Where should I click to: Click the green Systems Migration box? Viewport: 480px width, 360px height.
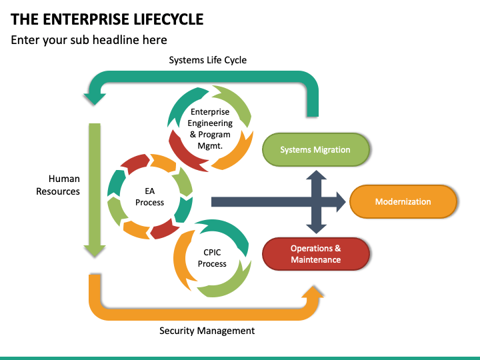[x=315, y=150]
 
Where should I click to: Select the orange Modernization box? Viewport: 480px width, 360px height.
[x=403, y=201]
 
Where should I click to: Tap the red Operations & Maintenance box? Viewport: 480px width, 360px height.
[x=315, y=254]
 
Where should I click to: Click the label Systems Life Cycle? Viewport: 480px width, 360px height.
[x=207, y=60]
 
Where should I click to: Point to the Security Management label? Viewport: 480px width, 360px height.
[x=207, y=331]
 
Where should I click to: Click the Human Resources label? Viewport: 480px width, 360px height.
[x=58, y=185]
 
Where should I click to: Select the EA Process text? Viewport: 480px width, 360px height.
[x=150, y=197]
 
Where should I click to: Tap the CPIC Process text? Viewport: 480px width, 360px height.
[x=212, y=258]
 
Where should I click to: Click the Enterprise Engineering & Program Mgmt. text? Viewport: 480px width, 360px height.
[x=210, y=129]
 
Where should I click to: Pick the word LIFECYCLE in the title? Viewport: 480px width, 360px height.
[x=169, y=19]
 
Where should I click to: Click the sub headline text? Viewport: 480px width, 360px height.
[x=89, y=40]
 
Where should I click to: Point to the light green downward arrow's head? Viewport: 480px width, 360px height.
[x=95, y=251]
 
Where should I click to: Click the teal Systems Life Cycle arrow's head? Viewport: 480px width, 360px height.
[x=95, y=99]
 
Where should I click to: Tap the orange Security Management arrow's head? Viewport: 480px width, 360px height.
[x=313, y=292]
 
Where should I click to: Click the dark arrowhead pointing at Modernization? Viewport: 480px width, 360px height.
[x=341, y=202]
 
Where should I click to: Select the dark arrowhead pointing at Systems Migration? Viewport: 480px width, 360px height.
[x=316, y=175]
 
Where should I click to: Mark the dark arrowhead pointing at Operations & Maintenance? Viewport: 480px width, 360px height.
[x=316, y=229]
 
